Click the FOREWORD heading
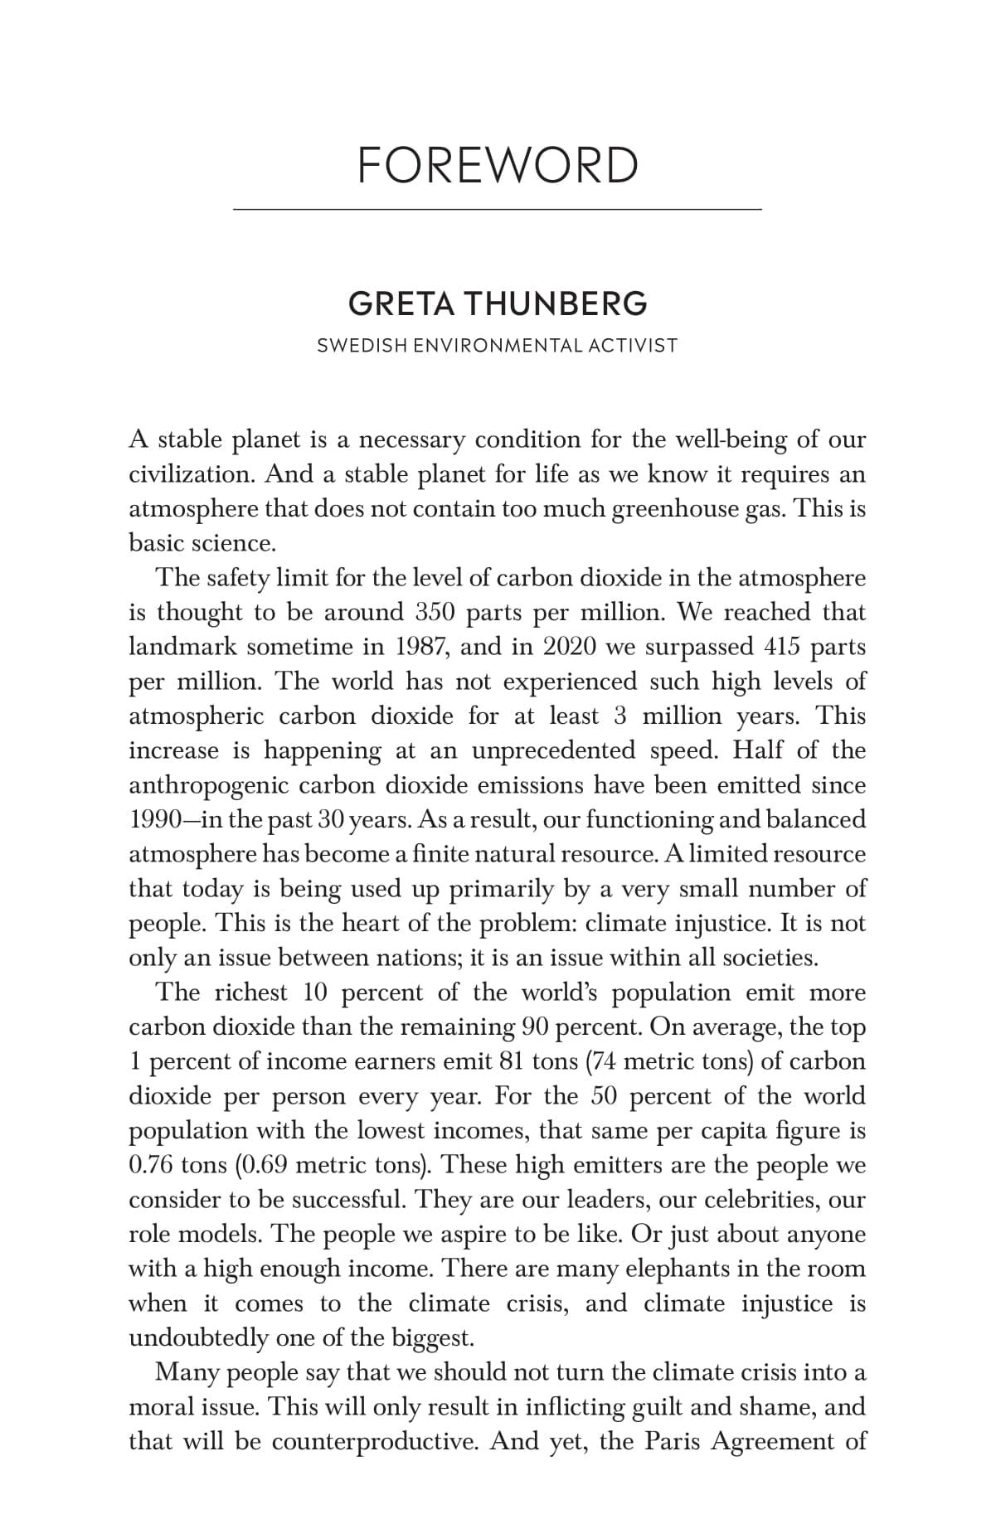pyautogui.click(x=498, y=165)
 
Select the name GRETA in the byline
pyautogui.click(x=401, y=304)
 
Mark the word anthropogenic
pyautogui.click(x=208, y=785)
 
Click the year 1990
pyautogui.click(x=155, y=820)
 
